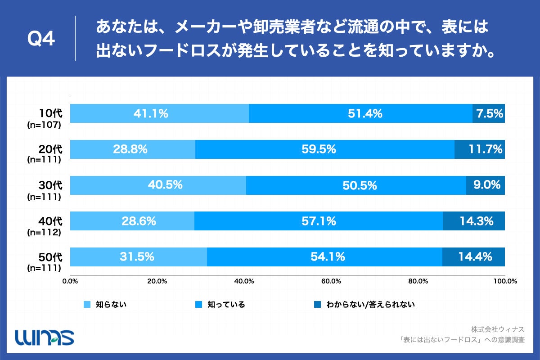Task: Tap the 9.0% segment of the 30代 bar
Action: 485,185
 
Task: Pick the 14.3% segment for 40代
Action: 473,221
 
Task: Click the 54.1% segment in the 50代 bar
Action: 324,257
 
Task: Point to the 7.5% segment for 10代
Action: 489,113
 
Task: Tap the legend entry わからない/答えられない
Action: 364,305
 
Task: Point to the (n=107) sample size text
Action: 44,124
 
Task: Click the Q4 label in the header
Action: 41,39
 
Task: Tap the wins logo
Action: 45,337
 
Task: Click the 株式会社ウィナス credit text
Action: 498,328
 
